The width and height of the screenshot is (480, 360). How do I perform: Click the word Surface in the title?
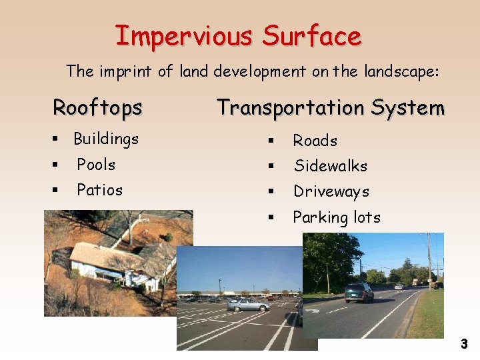tap(312, 35)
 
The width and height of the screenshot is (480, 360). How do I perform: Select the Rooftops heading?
tap(97, 107)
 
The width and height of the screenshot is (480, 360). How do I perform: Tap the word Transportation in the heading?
tap(290, 107)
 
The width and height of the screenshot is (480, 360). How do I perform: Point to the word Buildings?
tap(106, 139)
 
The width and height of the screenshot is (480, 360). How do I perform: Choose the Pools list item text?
tap(96, 164)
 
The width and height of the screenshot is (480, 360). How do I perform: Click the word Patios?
tap(99, 190)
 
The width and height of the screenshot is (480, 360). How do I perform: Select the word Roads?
tap(315, 141)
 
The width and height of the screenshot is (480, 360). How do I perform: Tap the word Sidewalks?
tap(331, 166)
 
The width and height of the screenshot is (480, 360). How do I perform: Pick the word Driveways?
tap(331, 192)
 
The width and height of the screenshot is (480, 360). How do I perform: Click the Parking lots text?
tap(337, 217)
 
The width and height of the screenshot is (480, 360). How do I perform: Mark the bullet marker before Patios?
tap(55, 191)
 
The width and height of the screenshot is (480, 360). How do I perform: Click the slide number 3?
tap(464, 344)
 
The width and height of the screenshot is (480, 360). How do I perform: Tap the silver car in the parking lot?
tap(248, 304)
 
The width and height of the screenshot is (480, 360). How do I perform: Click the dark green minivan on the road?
tap(359, 293)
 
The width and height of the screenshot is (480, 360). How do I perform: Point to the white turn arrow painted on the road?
tap(313, 310)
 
